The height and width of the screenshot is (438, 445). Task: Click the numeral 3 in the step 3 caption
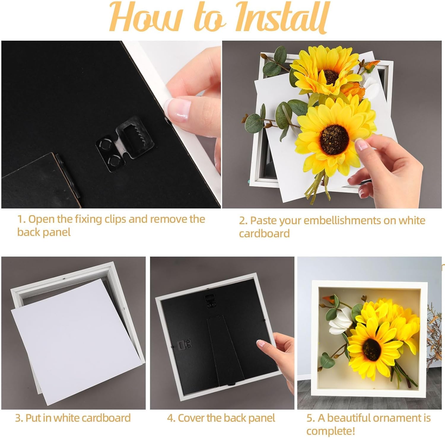click(x=18, y=418)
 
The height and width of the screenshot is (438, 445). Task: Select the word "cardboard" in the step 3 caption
click(x=106, y=418)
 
